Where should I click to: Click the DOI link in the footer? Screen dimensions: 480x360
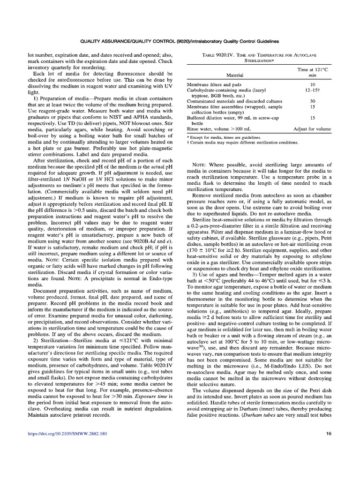coord(67,447)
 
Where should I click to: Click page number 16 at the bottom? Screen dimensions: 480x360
coord(328,447)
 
